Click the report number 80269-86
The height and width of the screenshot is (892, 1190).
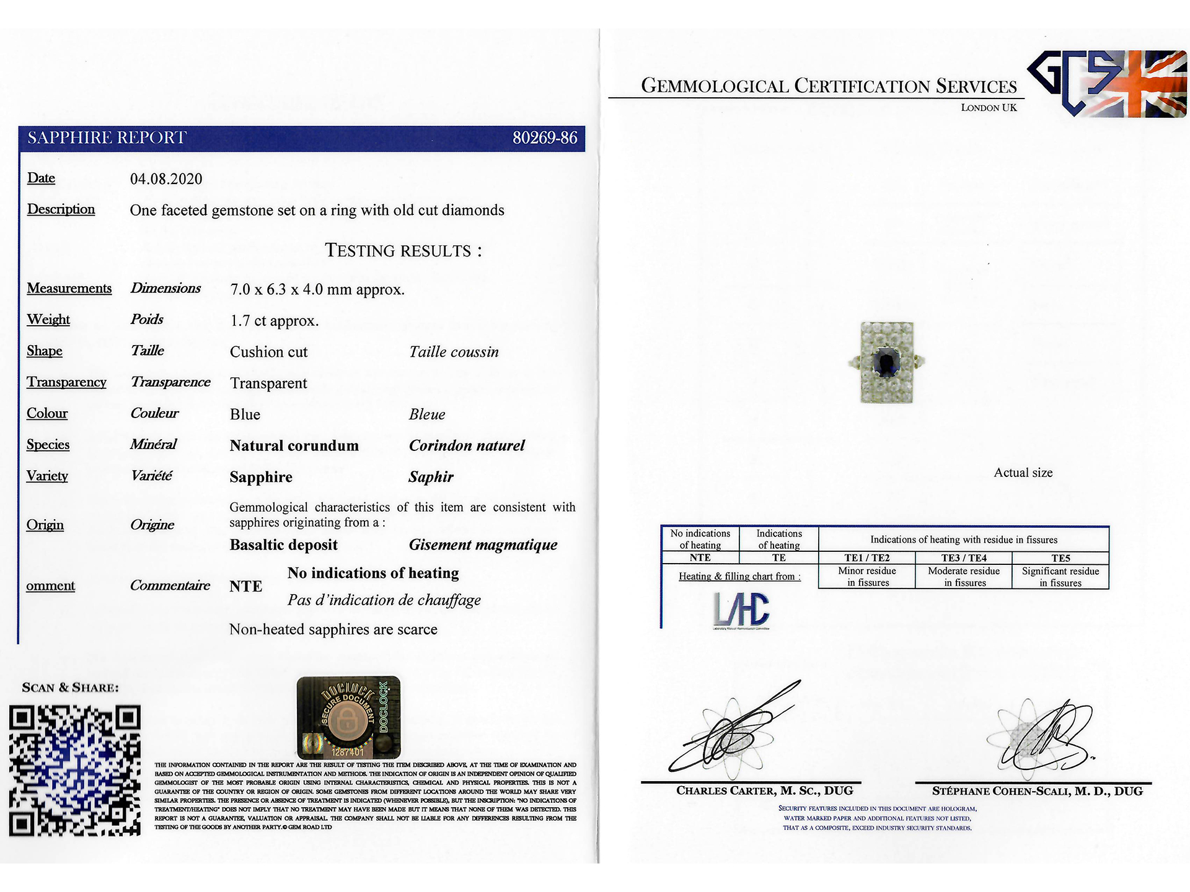click(544, 138)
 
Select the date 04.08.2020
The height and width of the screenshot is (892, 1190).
click(166, 179)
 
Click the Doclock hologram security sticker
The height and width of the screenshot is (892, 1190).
click(348, 717)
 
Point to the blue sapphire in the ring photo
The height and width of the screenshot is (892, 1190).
click(886, 362)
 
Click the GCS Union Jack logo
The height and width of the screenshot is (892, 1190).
click(1108, 84)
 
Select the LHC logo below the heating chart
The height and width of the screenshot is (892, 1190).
click(741, 609)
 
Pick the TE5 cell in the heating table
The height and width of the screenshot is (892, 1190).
click(1060, 557)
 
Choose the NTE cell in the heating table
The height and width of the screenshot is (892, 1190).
click(700, 557)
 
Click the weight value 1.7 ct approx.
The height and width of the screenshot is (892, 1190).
click(274, 321)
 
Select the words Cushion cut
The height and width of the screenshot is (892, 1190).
click(268, 352)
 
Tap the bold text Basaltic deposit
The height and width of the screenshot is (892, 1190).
click(283, 544)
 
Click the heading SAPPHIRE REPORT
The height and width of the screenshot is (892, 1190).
click(107, 138)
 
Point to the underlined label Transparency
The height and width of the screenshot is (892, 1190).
click(66, 382)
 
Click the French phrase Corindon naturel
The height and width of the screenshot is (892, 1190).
click(466, 445)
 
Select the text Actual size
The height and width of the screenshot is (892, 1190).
click(1023, 473)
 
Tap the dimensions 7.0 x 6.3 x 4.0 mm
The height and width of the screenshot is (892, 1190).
click(317, 289)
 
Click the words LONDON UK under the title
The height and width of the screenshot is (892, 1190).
click(989, 108)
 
